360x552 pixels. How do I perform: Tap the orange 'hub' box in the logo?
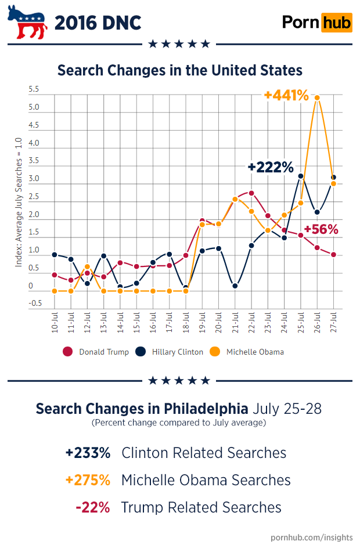[337, 23]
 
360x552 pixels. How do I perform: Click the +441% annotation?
[286, 95]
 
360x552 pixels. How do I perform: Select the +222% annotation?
[271, 167]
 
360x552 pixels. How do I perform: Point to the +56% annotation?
[321, 229]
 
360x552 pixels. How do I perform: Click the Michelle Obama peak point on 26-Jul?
[317, 98]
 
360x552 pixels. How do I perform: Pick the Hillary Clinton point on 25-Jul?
[301, 176]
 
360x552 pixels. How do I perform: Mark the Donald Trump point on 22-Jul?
[251, 193]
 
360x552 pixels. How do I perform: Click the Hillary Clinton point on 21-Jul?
[235, 286]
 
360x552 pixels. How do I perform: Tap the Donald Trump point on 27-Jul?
[334, 254]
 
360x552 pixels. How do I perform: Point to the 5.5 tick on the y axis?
[34, 90]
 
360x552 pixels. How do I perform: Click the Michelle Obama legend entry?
[248, 352]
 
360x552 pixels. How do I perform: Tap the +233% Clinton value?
[87, 453]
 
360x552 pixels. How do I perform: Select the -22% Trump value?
[93, 507]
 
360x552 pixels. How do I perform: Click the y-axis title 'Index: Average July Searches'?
[19, 202]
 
